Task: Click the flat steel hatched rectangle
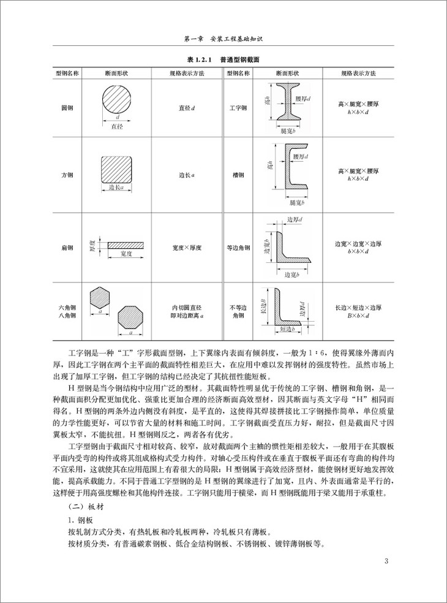tap(126, 244)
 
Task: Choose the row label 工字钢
tap(238, 108)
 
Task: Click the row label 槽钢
tap(238, 175)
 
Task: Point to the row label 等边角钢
tap(238, 248)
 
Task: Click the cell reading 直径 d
tap(187, 108)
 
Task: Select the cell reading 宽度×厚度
tap(187, 248)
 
